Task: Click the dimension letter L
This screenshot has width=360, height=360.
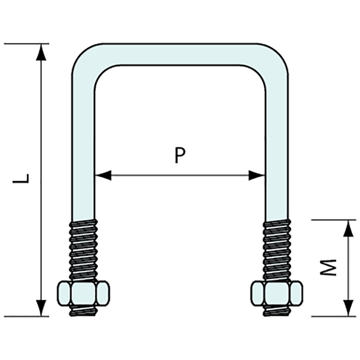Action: pos(24,179)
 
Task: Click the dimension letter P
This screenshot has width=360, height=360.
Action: pos(178,157)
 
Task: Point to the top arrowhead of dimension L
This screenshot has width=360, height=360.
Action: pos(43,51)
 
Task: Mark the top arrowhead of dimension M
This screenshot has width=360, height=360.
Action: pos(348,228)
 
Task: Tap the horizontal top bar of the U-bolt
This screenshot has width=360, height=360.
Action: pos(179,55)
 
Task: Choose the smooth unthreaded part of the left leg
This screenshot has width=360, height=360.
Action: pos(84,149)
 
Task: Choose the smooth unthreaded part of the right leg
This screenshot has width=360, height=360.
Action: pos(277,149)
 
